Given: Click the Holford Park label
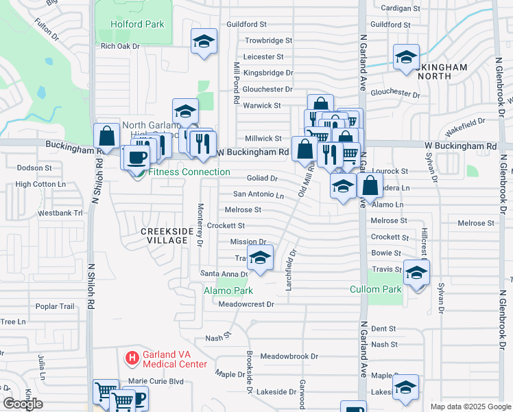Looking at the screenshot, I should [137, 24].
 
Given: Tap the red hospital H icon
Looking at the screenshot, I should [131, 358].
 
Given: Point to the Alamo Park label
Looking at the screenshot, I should [228, 291].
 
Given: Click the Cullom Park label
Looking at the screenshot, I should [376, 289].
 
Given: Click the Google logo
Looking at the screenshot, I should [22, 404].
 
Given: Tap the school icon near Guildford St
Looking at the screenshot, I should [204, 41].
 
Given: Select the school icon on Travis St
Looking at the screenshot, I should [259, 257].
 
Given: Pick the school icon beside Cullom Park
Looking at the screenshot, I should [416, 273].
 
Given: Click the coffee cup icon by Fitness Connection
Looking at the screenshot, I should [136, 157].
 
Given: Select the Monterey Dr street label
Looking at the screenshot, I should [200, 225].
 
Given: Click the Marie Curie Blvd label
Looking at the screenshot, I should [156, 380].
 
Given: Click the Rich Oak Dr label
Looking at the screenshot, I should [120, 47].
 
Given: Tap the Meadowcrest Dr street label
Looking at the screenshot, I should [246, 304].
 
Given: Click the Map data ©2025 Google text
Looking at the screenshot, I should [470, 407].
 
